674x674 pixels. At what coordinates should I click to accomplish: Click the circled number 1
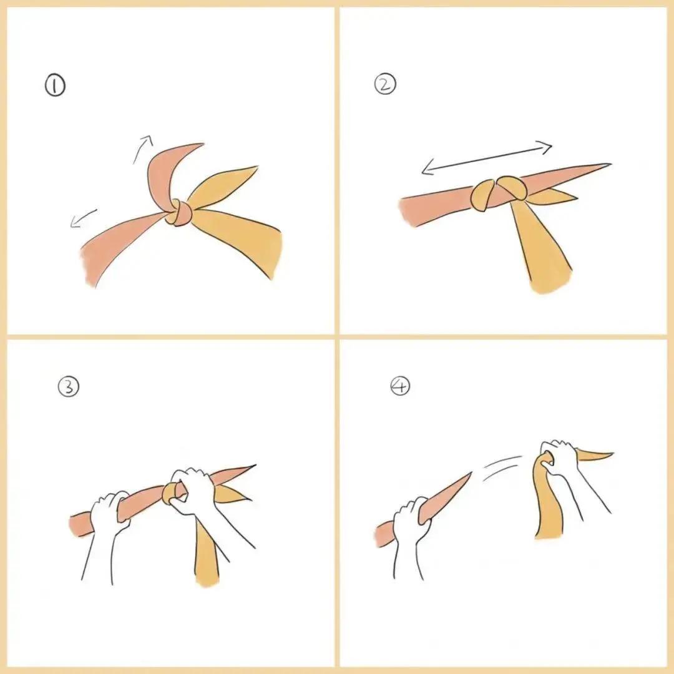point(56,85)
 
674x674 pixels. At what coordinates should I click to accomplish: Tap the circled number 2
point(385,84)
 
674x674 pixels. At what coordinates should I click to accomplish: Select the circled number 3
point(69,386)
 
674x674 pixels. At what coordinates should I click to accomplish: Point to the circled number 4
point(400,386)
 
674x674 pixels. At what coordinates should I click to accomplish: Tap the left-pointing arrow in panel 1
point(84,218)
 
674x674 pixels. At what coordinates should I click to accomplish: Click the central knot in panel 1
point(178,212)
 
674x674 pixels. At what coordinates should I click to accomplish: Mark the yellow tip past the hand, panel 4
point(595,456)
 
